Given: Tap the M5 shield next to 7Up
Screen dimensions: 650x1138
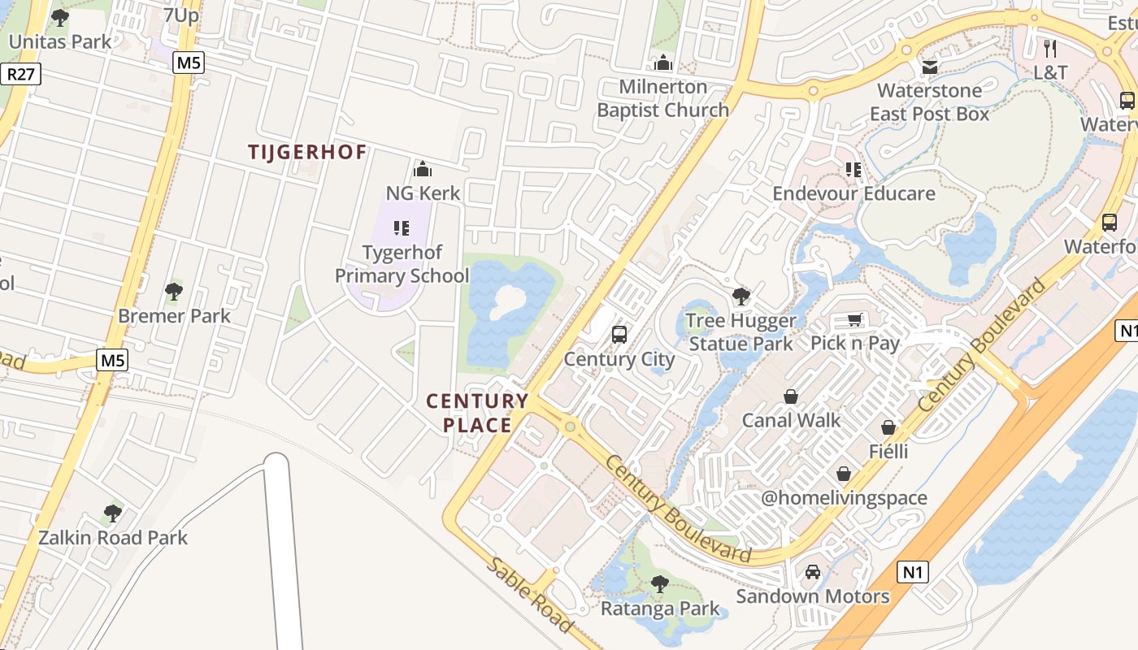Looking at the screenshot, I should click(x=188, y=63).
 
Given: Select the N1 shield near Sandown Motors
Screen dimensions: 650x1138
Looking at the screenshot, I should click(x=914, y=572).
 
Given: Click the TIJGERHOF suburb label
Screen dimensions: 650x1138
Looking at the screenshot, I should click(x=307, y=152).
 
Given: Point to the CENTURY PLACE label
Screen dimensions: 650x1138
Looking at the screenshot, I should click(x=478, y=413).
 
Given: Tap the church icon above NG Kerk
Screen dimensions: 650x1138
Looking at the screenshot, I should click(x=422, y=169).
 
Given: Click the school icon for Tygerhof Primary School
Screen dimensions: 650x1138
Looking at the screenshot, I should click(x=401, y=228).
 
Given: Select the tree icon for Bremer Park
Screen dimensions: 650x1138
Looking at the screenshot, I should click(x=173, y=292).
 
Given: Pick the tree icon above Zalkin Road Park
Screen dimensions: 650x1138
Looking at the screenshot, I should click(x=113, y=513).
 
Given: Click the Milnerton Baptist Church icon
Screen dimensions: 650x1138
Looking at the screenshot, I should click(x=663, y=63).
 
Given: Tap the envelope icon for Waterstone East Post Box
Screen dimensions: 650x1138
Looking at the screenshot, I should click(x=929, y=67).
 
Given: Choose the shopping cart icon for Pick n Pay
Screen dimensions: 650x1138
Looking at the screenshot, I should click(x=854, y=319).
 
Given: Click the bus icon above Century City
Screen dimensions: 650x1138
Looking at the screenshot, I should click(x=619, y=335).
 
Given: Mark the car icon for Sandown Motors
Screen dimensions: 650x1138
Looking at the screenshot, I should click(x=812, y=572).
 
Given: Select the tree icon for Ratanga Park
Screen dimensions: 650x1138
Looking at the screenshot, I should click(x=660, y=583).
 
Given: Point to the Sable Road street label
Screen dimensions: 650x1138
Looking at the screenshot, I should click(x=531, y=596).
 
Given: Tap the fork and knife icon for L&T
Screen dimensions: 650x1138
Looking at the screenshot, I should click(x=1049, y=48).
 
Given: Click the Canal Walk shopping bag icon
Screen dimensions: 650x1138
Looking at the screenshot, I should click(x=790, y=396).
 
